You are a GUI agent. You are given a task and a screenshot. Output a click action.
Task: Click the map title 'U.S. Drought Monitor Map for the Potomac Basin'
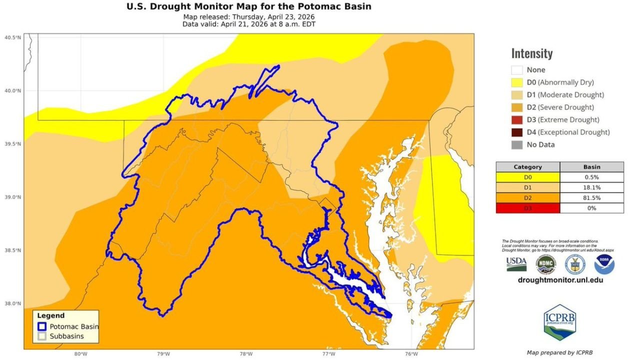coord(249,6)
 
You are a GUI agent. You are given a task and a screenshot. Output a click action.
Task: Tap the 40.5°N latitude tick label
coord(13,37)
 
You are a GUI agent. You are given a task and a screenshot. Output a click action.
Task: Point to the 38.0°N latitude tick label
coord(13,303)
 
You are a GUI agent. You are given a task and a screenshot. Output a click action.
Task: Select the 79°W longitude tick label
coord(163,354)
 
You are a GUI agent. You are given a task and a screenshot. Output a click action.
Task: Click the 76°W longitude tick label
coord(411,354)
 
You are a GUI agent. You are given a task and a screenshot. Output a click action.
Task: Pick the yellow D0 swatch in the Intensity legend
coord(516,82)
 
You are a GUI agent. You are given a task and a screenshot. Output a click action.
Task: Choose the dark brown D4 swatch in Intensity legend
coord(516,132)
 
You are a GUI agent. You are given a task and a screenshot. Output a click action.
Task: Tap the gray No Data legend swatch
coord(516,145)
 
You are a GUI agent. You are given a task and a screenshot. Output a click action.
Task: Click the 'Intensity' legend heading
coord(531,53)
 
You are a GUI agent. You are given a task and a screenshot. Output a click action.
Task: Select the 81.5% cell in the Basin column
coord(592,198)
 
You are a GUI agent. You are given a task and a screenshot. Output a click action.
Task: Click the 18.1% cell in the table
coord(592,187)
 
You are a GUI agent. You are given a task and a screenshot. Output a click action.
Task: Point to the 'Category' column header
coord(527,167)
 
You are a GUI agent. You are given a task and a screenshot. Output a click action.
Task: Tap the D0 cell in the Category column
coord(527,177)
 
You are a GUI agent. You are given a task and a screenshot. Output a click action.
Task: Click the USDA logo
coord(516,264)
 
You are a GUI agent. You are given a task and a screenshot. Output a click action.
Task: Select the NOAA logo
coord(604,264)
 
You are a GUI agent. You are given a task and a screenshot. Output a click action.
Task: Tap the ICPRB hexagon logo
coord(559,321)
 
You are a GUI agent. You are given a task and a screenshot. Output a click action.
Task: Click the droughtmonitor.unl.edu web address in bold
coord(560,280)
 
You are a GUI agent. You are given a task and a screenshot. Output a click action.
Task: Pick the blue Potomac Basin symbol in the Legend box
coord(42,326)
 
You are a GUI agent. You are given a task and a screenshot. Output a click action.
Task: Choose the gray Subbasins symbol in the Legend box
coord(42,336)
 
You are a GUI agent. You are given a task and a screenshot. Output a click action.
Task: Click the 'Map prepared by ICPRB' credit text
coord(559,352)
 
